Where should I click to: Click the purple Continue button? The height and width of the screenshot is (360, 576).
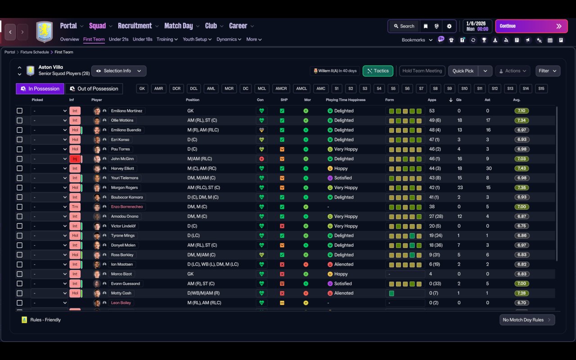tap(531, 26)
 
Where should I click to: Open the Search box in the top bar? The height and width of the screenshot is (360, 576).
tap(404, 26)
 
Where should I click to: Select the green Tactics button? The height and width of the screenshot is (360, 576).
tap(378, 71)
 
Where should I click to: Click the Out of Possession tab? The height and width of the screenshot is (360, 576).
tap(94, 89)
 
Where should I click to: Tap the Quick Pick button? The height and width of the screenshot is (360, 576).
tap(463, 71)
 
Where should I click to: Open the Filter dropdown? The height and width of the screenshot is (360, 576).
tap(548, 71)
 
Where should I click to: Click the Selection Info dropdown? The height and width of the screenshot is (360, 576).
tap(119, 71)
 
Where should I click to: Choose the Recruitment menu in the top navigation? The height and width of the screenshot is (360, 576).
tap(135, 26)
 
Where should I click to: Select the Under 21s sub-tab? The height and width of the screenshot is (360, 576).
tap(118, 39)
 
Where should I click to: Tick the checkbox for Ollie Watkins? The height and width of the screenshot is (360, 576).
tap(19, 120)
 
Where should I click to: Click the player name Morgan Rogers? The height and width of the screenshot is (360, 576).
tap(124, 188)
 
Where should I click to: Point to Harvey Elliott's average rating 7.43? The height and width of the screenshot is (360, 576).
tap(522, 168)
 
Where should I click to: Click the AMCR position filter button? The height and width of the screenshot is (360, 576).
tap(281, 89)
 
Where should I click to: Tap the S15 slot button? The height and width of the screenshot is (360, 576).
tap(541, 89)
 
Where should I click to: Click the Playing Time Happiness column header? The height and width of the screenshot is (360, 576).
tap(346, 100)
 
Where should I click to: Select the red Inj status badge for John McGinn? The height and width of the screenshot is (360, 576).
tap(75, 159)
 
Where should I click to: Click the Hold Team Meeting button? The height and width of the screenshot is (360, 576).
tap(422, 71)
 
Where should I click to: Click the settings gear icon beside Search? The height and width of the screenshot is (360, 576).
tap(449, 26)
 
